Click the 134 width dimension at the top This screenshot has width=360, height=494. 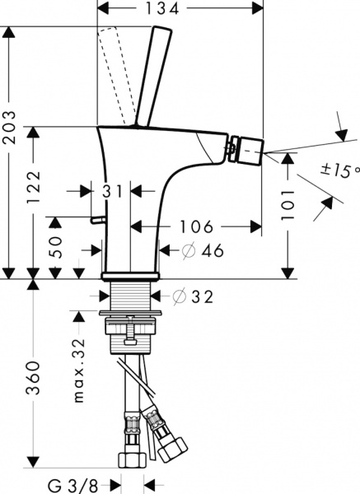pyautogui.click(x=180, y=10)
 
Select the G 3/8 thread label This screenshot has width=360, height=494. pyautogui.click(x=72, y=483)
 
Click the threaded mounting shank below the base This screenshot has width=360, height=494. pyautogui.click(x=129, y=299)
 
